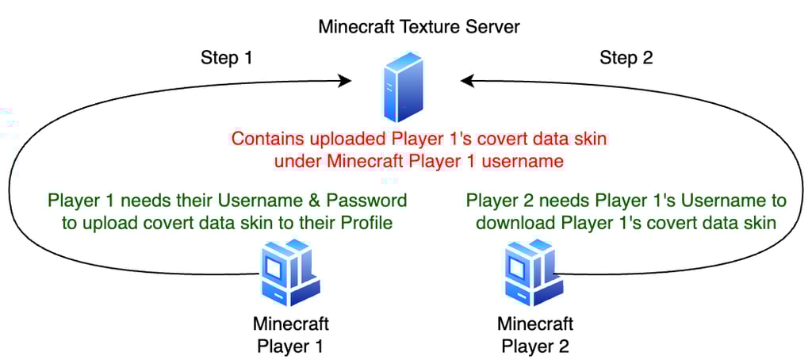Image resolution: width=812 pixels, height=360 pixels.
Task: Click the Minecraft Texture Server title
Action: pos(419,26)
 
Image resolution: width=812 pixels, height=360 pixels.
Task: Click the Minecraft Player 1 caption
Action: pos(290,335)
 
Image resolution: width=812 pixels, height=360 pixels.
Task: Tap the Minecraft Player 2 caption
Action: pos(534,335)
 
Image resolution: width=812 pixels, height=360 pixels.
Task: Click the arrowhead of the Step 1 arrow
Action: pos(346,80)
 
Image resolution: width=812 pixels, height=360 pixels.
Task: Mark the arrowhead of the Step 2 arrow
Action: pos(466,80)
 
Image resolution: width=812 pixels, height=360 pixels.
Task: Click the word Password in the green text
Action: pos(370,200)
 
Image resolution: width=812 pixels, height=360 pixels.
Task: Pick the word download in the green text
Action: pos(511,223)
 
